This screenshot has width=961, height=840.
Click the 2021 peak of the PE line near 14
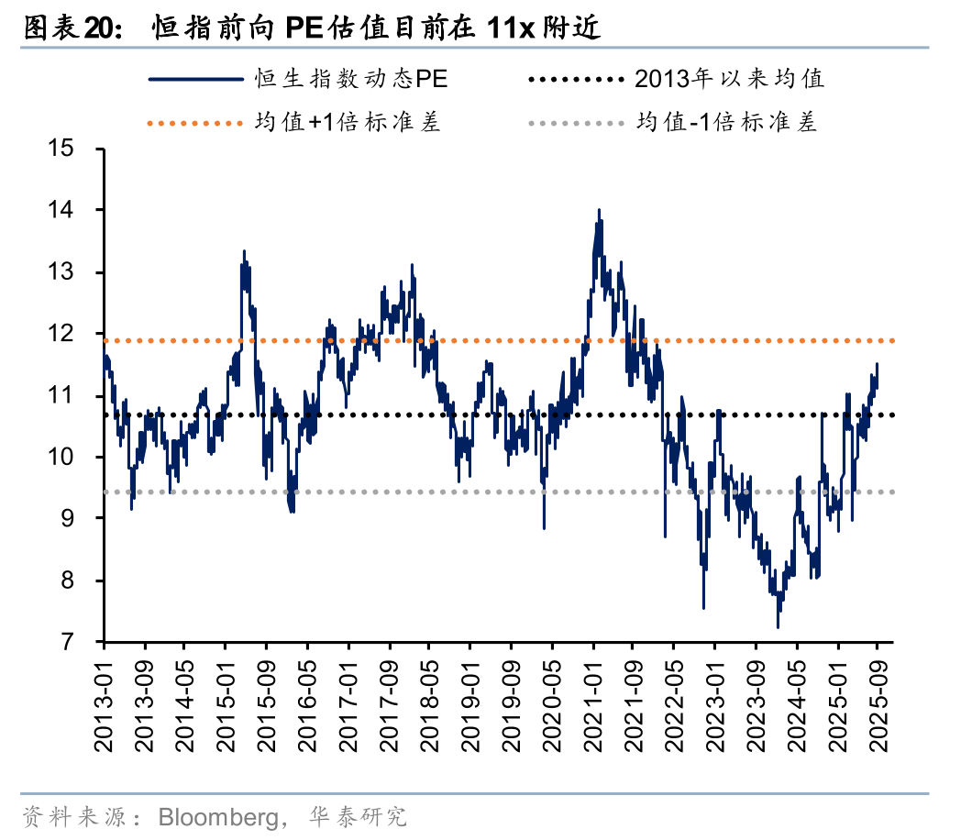tap(599, 210)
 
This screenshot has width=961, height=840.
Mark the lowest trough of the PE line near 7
tap(778, 627)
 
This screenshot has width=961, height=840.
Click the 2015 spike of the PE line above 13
tap(244, 250)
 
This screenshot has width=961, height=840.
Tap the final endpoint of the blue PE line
tap(877, 364)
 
